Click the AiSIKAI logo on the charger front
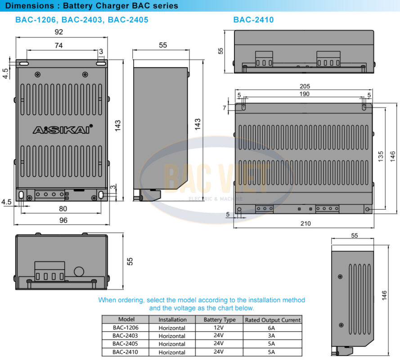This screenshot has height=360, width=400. tap(63, 130)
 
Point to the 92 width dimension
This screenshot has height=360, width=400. tap(58, 32)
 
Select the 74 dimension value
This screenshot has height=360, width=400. tap(58, 45)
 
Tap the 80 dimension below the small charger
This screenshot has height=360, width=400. tap(63, 208)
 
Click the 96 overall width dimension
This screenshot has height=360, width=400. tap(63, 220)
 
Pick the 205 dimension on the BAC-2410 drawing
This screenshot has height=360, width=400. tap(304, 86)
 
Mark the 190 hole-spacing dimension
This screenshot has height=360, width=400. tap(304, 94)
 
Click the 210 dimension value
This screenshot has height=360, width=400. tap(305, 223)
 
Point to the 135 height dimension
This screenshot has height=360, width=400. tap(381, 156)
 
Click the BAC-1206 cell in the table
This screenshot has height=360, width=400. tap(123, 328)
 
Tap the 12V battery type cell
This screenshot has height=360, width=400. tap(219, 328)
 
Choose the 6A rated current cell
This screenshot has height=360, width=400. tap(272, 328)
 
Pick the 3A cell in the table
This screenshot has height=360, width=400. tap(272, 336)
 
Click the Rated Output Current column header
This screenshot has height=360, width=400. tap(272, 320)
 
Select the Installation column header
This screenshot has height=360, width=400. tap(172, 320)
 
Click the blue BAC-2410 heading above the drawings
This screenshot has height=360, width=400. tap(253, 20)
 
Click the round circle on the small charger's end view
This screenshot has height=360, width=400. tap(79, 272)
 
